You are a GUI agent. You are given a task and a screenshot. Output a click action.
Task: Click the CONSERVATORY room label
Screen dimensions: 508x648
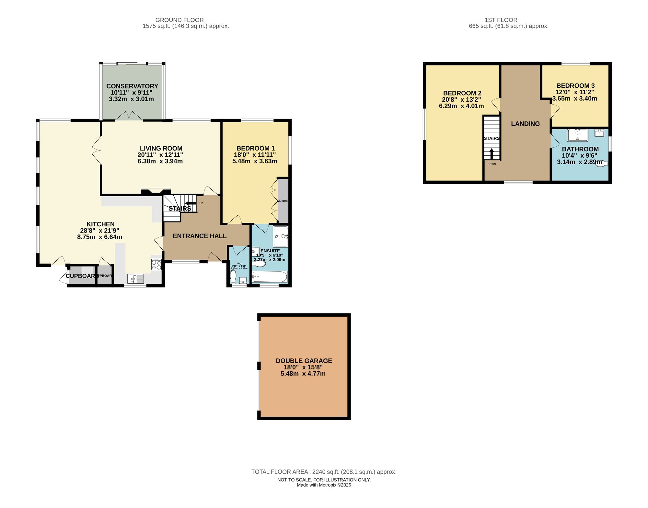132,86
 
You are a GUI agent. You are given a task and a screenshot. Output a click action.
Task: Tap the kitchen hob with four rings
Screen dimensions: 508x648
156,265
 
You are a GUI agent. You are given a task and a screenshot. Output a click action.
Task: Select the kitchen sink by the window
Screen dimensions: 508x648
136,278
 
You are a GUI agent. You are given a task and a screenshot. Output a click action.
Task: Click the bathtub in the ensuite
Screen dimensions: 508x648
269,277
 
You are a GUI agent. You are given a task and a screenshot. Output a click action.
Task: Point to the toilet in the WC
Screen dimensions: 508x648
233,277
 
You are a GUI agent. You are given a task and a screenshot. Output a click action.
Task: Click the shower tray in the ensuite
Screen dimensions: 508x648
281,236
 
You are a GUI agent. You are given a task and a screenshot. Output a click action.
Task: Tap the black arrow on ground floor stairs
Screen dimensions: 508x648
191,203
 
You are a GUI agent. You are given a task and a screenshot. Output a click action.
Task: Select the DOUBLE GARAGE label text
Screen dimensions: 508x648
304,361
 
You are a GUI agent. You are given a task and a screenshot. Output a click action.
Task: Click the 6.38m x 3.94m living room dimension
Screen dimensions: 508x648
160,161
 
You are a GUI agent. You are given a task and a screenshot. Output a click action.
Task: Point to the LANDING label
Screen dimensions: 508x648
525,124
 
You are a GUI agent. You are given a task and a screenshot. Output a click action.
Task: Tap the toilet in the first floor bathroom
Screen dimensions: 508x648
601,164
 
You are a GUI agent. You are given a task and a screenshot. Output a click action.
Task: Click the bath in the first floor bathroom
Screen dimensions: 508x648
577,135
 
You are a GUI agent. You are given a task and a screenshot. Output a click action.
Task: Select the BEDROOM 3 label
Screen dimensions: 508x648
575,86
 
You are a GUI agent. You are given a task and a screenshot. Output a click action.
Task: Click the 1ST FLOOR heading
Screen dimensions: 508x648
501,20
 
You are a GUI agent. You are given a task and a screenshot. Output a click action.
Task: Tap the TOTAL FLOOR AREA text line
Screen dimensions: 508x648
324,472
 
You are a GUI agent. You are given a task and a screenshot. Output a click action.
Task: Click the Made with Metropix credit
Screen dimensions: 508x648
324,485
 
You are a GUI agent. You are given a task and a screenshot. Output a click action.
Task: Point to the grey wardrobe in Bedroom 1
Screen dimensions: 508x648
283,201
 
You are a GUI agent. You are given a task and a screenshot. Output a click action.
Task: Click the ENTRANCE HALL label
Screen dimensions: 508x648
200,236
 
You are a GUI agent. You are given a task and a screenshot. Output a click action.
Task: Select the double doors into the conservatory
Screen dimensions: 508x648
129,116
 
